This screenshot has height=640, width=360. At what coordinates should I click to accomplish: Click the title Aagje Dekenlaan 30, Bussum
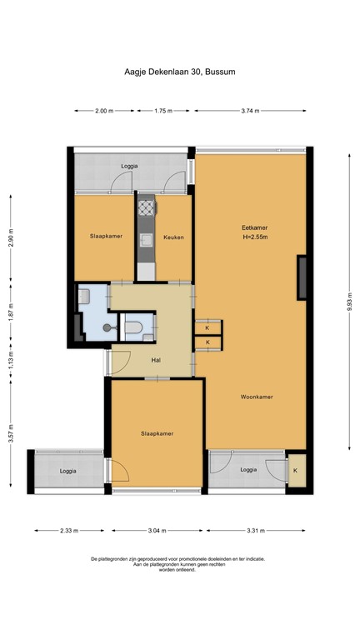180,72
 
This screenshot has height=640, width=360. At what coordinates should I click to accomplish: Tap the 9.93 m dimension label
349,302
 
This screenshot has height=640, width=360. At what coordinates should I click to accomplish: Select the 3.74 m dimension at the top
250,111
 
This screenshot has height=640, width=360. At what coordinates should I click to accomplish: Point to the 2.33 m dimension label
69,531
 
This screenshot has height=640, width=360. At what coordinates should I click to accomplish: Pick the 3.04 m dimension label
157,531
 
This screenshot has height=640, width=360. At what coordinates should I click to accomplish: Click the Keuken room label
173,237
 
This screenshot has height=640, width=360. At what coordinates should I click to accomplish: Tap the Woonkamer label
257,397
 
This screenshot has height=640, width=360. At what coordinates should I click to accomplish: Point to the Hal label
156,360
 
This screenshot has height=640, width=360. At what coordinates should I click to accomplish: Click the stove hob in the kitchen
147,207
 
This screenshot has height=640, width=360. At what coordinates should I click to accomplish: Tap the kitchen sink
147,240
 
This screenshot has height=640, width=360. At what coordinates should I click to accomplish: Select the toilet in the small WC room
132,327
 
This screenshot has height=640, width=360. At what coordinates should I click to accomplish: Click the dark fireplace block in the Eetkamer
302,277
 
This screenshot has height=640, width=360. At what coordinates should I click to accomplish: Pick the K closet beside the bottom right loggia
296,470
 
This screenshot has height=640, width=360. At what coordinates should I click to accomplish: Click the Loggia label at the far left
67,471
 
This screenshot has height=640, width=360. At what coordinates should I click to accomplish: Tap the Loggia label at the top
129,167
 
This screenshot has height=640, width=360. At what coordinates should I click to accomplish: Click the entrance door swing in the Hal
120,362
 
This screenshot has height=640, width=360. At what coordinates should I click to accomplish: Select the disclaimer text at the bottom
178,564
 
